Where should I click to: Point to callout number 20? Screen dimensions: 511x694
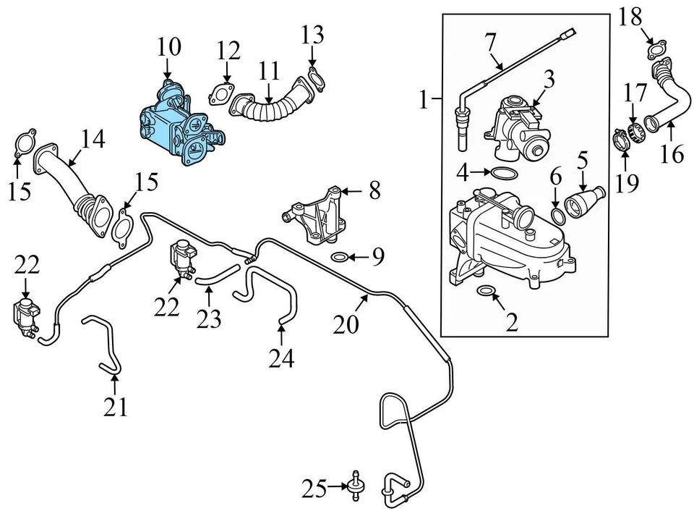click(346, 324)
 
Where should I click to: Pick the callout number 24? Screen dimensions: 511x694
click(281, 358)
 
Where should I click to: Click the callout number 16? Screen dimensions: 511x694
click(672, 153)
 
